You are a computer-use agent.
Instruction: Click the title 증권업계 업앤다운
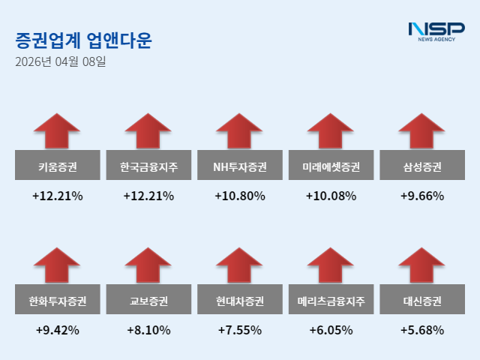click(83, 40)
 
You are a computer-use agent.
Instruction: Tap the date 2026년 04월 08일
click(61, 62)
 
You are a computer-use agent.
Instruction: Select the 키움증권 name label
click(57, 166)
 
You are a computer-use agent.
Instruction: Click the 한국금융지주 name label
click(148, 166)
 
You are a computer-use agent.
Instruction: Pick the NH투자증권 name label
click(240, 166)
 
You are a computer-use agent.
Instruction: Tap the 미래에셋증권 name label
click(331, 166)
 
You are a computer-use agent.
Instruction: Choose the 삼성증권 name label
click(422, 166)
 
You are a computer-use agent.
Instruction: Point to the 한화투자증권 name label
click(57, 301)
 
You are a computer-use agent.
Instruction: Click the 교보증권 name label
click(148, 301)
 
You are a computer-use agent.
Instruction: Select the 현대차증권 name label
click(240, 301)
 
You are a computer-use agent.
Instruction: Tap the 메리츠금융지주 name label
click(331, 301)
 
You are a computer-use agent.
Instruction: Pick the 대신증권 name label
click(422, 301)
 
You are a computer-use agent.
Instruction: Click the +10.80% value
click(240, 196)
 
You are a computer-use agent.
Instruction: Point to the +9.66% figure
click(422, 196)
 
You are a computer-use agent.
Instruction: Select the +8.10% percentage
click(148, 330)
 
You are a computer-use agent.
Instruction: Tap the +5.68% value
click(422, 330)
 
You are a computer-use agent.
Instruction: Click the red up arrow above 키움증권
click(57, 131)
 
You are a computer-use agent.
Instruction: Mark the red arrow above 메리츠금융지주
click(331, 266)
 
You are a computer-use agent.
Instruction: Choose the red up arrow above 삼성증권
click(422, 131)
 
